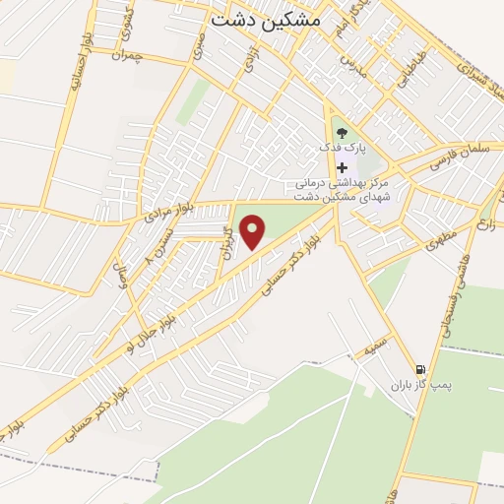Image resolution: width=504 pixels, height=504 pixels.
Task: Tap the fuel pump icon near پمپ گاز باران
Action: (x=420, y=367)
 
